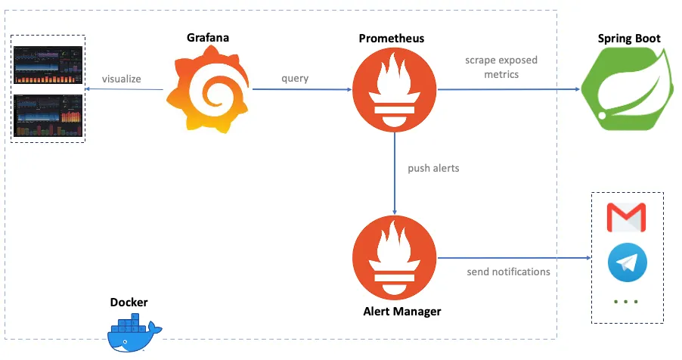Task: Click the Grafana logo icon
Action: point(208,90)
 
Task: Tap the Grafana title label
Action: point(208,37)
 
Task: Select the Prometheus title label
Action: point(392,38)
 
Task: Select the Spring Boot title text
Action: point(629,39)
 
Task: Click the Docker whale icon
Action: point(135,335)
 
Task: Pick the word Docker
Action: point(129,303)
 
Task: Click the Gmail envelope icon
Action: point(627,217)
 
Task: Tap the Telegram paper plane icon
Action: point(627,262)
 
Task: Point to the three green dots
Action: point(627,302)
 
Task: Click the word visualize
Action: point(122,79)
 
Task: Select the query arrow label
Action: point(295,79)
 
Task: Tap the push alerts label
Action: point(433,168)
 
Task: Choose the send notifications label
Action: point(508,272)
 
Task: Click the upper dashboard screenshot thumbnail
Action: point(48,64)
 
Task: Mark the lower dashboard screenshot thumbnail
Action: point(48,115)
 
